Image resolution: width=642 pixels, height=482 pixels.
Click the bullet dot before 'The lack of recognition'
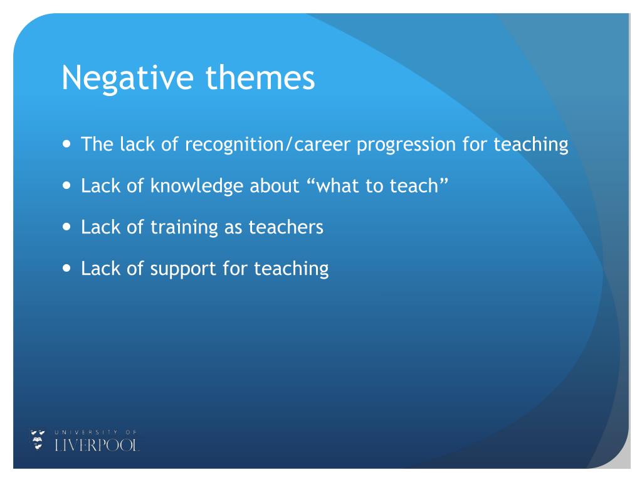click(x=68, y=144)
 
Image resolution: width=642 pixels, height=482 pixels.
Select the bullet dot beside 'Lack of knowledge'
click(x=68, y=186)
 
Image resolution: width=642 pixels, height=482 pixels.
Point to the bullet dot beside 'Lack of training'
click(x=68, y=227)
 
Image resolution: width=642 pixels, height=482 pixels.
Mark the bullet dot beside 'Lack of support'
click(x=68, y=269)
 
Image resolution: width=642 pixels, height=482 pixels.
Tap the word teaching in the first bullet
click(x=530, y=146)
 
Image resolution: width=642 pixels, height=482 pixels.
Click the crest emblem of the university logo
click(x=38, y=440)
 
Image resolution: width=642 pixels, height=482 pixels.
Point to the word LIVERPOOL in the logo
click(x=97, y=445)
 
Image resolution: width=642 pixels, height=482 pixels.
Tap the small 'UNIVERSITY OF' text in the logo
click(x=95, y=432)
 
